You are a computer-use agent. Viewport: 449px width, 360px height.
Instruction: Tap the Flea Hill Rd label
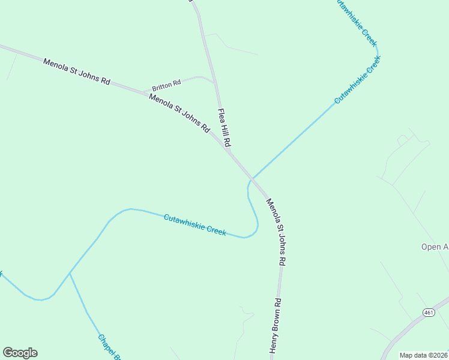coord(224,128)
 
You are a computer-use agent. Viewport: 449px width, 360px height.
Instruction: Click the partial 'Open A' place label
coord(434,247)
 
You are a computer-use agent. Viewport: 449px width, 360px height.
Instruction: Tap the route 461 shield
coord(428,313)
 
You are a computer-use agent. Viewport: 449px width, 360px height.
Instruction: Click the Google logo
coord(20,353)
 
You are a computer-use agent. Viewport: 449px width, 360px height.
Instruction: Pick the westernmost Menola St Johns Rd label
coord(76,71)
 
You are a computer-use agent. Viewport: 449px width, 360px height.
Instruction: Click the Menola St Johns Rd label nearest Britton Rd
coord(179,113)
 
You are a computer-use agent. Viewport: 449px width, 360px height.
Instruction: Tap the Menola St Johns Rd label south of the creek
coord(276,232)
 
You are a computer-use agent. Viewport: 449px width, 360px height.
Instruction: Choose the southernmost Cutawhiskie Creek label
coord(195,224)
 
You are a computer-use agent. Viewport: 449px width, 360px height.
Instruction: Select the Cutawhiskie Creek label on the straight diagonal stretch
coord(358,80)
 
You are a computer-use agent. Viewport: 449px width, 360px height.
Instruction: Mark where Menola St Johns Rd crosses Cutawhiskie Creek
coord(252,179)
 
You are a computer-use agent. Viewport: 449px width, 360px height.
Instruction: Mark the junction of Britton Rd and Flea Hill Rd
coord(215,81)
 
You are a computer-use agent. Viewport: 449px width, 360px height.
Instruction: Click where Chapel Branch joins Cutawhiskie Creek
coord(70,273)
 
